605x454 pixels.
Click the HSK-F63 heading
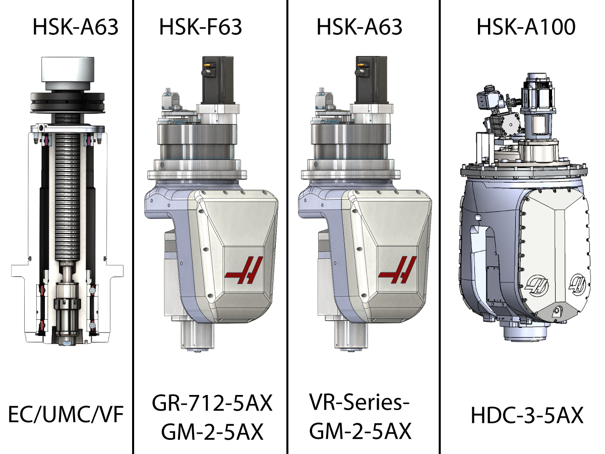200,27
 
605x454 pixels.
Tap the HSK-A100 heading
526,27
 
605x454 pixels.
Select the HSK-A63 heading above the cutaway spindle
75,27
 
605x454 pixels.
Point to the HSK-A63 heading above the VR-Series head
359,27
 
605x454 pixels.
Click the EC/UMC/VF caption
66,415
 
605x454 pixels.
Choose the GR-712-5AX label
212,403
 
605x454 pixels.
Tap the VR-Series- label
359,402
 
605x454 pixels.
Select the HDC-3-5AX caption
527,415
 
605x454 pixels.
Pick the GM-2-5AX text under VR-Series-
360,431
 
